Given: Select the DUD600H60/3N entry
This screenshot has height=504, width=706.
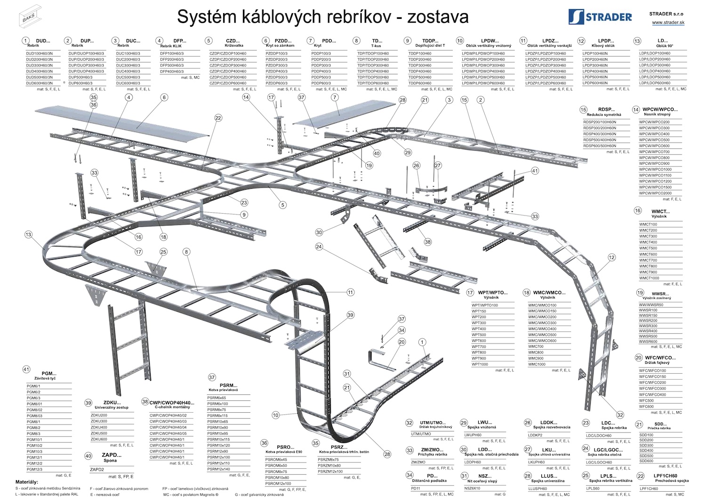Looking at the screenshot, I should [x=40, y=83].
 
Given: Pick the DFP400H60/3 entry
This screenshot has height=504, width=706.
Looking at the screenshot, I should [x=172, y=72].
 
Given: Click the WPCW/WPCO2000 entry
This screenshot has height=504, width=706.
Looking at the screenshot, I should [x=655, y=193].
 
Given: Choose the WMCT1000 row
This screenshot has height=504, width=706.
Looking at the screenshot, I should [x=649, y=278].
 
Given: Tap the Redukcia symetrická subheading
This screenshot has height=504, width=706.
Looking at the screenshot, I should [x=604, y=115].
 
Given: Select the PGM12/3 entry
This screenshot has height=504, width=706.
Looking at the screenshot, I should [x=34, y=469].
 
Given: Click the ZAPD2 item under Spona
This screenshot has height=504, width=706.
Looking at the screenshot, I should [x=97, y=469].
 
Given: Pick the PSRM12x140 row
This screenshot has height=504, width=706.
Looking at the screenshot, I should [x=219, y=469].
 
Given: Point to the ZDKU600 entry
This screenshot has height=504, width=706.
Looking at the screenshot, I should [x=99, y=439].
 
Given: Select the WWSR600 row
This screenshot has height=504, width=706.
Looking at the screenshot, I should [x=648, y=341].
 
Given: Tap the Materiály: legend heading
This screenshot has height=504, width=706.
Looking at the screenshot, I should [x=27, y=482].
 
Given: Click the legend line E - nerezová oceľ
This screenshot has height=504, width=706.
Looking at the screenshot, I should [x=104, y=495].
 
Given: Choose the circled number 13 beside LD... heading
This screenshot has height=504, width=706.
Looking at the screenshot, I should [x=637, y=41].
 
